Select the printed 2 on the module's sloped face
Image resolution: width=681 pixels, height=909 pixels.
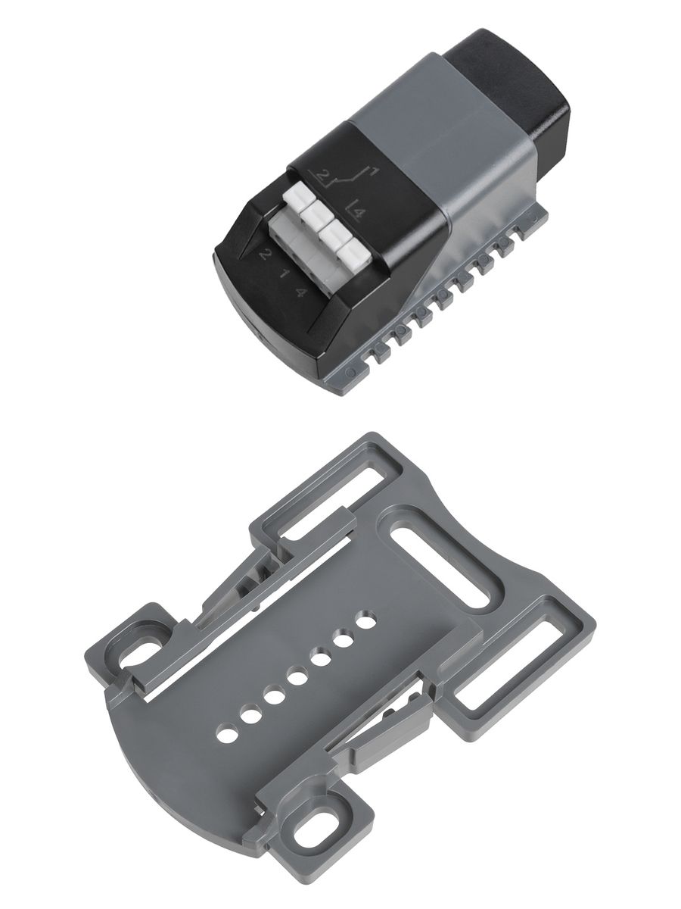pos(265,255)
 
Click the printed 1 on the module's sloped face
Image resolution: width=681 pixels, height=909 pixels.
pos(285,273)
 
